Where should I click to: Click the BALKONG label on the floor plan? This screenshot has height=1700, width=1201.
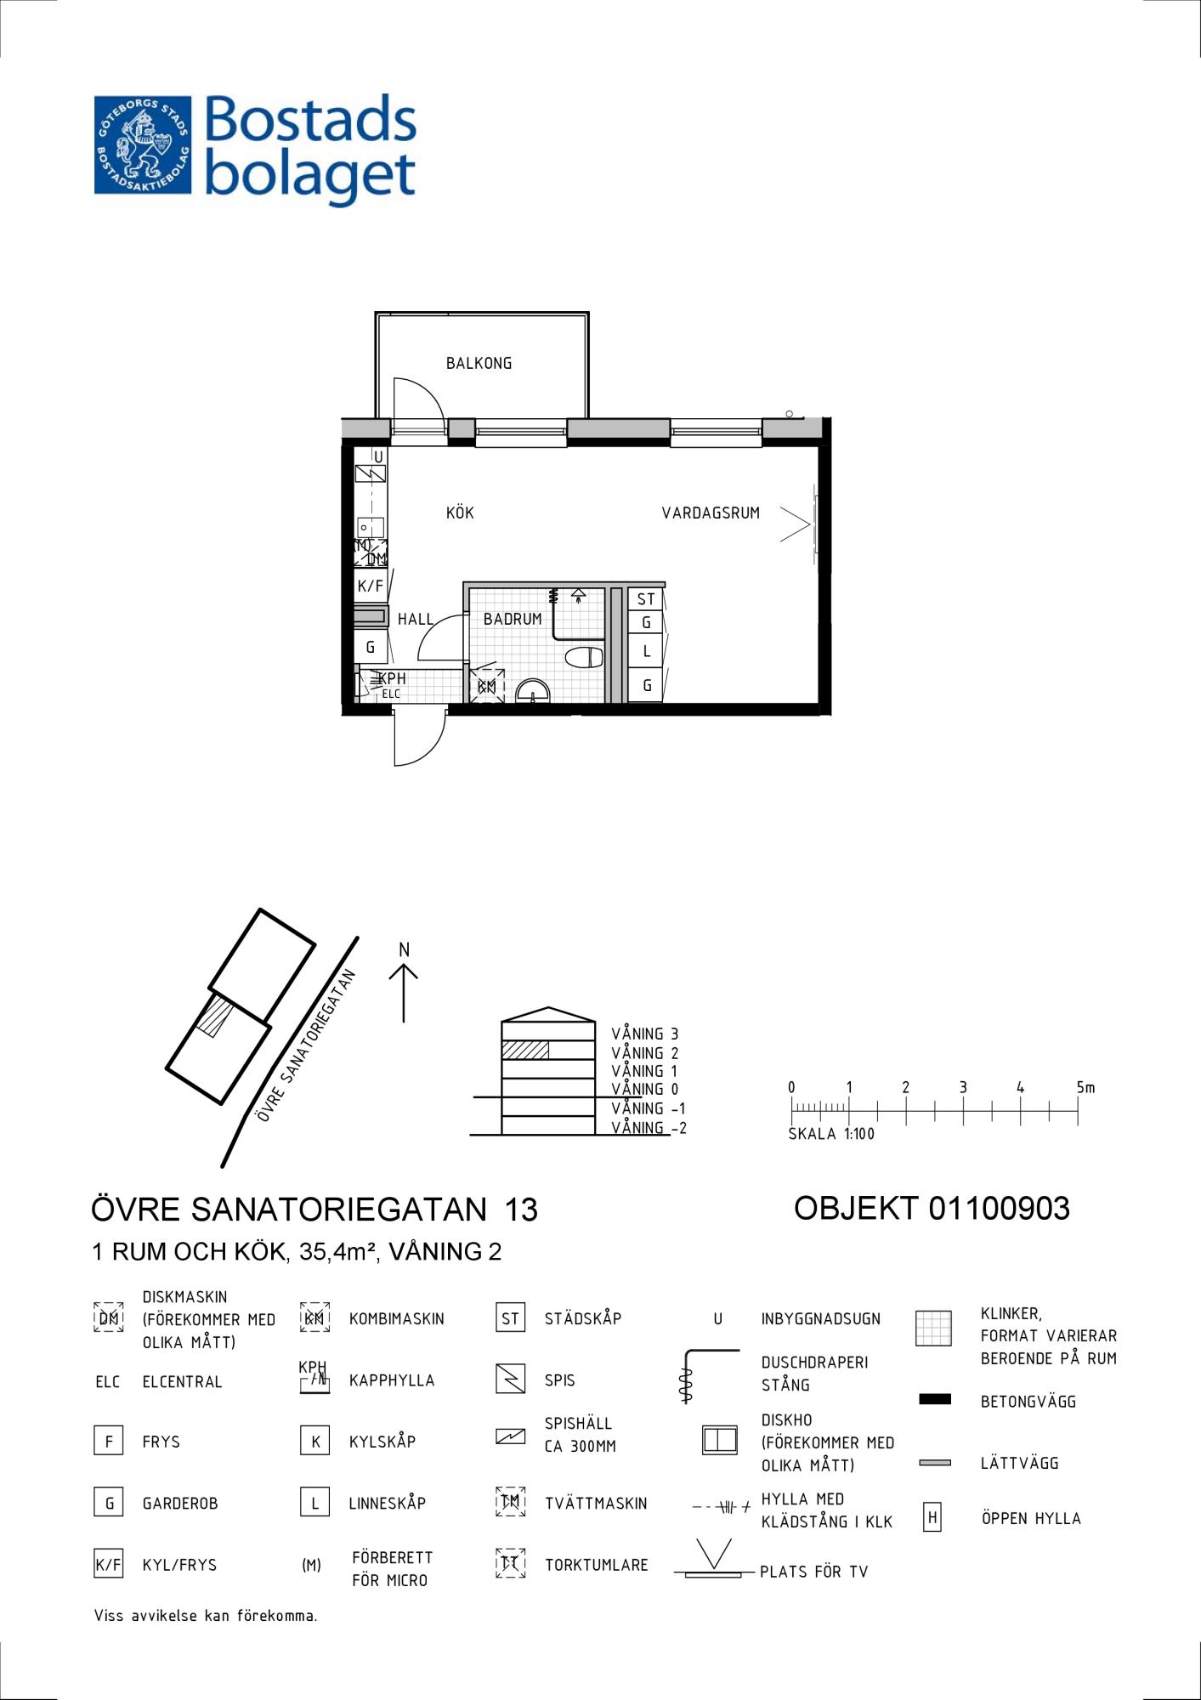click(x=479, y=363)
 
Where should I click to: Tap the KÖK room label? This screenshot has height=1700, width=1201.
click(x=460, y=513)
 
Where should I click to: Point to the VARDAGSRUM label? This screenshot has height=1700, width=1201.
click(x=711, y=513)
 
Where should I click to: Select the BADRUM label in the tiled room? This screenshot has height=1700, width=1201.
click(x=513, y=619)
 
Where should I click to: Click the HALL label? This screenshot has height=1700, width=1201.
click(x=416, y=619)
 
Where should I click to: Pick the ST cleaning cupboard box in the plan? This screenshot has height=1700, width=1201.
click(x=646, y=599)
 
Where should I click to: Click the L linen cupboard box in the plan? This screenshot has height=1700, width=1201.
click(x=646, y=651)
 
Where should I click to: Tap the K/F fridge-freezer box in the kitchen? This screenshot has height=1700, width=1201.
click(x=371, y=586)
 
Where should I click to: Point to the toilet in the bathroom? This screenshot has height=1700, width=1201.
click(x=584, y=657)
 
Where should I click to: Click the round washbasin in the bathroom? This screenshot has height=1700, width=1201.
click(x=533, y=691)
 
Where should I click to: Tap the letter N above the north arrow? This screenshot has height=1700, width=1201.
click(x=405, y=950)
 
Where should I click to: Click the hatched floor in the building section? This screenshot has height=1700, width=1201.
click(x=524, y=1050)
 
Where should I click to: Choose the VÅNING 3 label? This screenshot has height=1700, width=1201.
click(x=645, y=1034)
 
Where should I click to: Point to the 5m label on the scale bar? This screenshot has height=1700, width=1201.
click(x=1085, y=1087)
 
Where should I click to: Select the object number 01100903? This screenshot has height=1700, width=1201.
click(x=999, y=1208)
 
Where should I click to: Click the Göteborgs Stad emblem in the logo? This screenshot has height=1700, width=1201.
click(x=143, y=144)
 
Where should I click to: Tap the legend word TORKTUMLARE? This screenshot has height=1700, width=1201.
click(x=596, y=1565)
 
